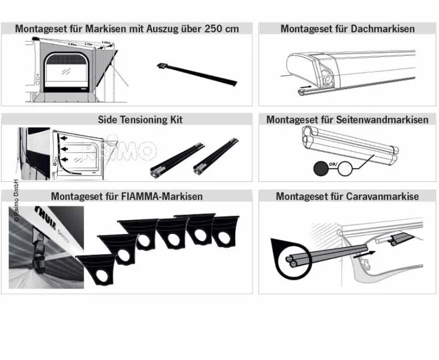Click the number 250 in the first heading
[213, 28]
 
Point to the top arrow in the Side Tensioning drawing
[63, 134]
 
